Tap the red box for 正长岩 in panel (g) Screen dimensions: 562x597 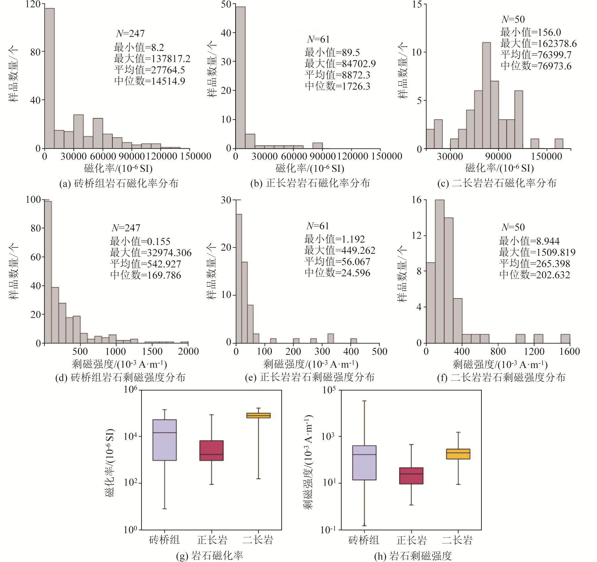click(x=212, y=450)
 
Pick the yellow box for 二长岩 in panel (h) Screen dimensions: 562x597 click(x=458, y=454)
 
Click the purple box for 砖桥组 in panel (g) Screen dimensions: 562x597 click(x=164, y=440)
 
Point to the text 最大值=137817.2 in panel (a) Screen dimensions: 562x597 click(x=152, y=59)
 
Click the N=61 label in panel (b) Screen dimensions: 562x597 click(x=318, y=39)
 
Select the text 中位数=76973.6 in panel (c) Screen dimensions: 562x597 click(x=536, y=66)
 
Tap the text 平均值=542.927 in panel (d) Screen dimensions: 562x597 click(x=145, y=264)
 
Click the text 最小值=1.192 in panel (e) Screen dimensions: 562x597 click(x=334, y=239)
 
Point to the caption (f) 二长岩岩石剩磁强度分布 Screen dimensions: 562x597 click(x=501, y=377)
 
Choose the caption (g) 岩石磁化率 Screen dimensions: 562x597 click(x=209, y=556)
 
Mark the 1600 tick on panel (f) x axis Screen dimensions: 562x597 click(x=569, y=351)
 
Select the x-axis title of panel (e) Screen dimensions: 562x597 click(x=310, y=364)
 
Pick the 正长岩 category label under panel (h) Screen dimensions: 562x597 click(x=411, y=540)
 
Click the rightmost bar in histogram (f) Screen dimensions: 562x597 click(x=565, y=339)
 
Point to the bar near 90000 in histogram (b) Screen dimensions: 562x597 click(x=317, y=146)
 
